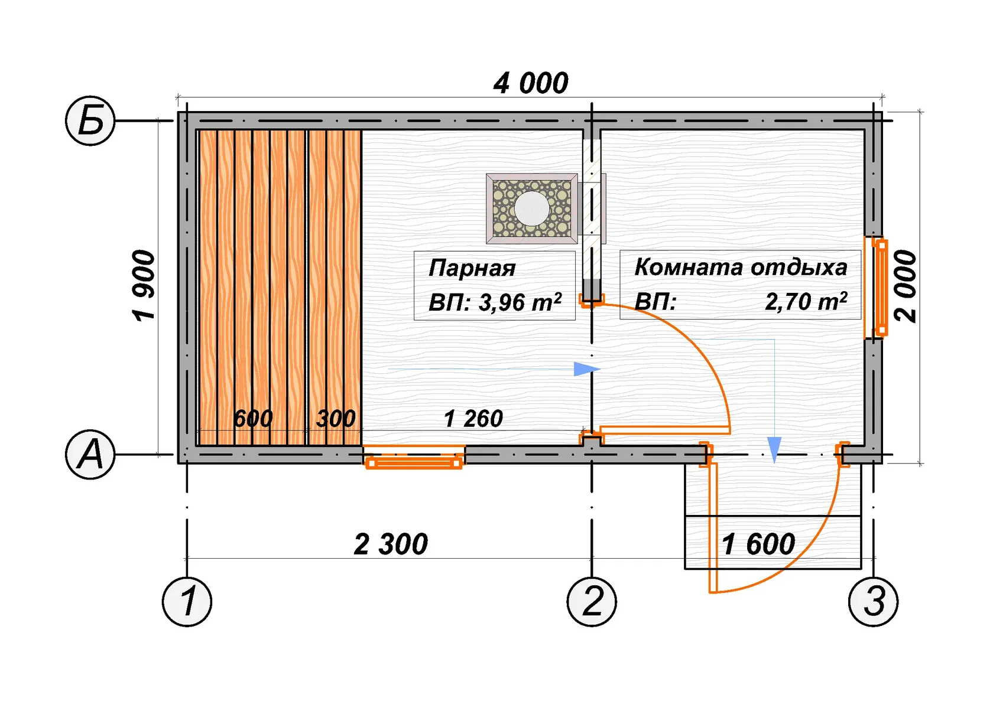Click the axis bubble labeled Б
90,121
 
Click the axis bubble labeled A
90,455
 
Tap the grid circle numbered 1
187,601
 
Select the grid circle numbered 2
592,601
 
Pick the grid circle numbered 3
873,601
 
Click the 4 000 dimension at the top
531,83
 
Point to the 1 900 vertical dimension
144,286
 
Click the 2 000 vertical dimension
905,286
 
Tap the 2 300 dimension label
391,544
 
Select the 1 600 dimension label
758,544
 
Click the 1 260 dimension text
473,419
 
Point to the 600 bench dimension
253,419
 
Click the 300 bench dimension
336,419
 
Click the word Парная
472,268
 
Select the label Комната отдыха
741,267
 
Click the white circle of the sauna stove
531,208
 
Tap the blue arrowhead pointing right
586,370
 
